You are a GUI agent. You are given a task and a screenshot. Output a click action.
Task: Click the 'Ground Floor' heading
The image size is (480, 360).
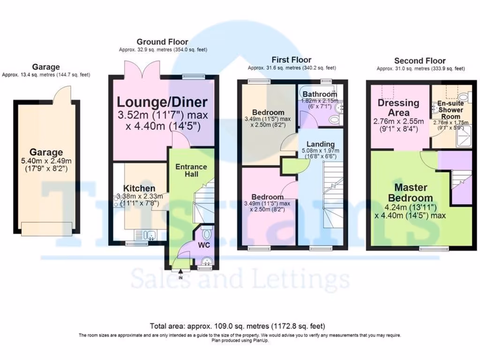[x=162, y=42]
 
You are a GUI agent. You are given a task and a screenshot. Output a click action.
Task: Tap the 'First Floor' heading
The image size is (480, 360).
[x=291, y=60]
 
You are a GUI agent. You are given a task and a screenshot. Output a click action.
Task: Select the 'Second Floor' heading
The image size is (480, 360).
[x=420, y=61]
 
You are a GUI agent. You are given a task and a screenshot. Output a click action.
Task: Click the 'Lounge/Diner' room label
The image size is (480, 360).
[x=162, y=102]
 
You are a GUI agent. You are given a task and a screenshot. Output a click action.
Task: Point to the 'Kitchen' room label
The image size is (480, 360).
[x=139, y=188]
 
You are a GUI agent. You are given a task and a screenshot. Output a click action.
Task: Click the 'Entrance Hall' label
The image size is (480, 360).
[x=191, y=170]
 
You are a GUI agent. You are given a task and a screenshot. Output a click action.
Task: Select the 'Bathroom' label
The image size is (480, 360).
[x=319, y=94]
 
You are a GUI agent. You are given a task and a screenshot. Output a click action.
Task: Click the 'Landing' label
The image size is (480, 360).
[x=321, y=144]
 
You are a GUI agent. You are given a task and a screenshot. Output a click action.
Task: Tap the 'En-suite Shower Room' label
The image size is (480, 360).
[x=450, y=110]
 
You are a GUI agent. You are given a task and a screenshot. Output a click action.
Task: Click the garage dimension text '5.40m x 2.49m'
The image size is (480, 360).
[x=46, y=161]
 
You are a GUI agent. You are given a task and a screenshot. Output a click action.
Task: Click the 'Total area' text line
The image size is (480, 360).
[x=237, y=326]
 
